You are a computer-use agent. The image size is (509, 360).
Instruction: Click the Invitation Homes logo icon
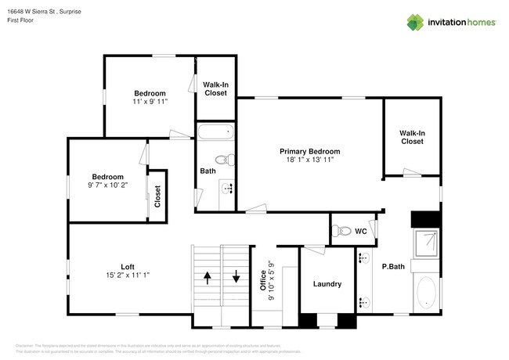tap(414, 23)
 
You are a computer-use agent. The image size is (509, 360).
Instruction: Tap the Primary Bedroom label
tap(310, 151)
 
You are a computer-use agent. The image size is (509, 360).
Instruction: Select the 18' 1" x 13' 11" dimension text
tap(310, 160)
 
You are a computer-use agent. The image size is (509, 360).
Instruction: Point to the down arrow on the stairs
tap(236, 278)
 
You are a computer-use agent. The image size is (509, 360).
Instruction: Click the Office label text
tap(263, 279)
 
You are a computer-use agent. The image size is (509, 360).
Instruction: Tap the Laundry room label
tap(327, 284)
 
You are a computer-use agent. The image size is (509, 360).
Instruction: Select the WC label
tap(360, 232)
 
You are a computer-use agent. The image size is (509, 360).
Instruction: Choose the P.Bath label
tap(392, 266)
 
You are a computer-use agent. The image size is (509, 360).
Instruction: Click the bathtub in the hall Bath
tap(215, 131)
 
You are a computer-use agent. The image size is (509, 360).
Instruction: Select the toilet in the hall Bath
tap(223, 160)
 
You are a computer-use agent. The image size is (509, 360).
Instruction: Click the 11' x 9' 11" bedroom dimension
tap(149, 102)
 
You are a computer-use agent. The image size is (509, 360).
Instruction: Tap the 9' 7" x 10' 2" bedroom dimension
tap(108, 185)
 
